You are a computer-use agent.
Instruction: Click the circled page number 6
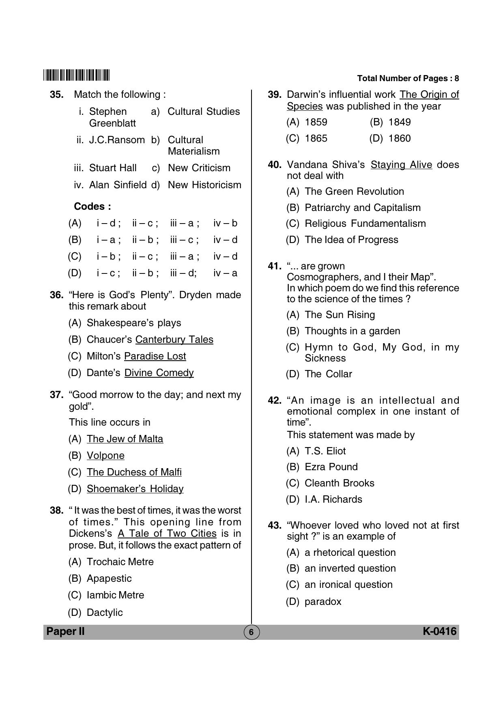click(251, 632)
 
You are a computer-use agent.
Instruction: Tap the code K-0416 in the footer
click(440, 631)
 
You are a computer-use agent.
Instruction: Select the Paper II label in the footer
click(65, 631)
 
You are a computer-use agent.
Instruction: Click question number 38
click(56, 510)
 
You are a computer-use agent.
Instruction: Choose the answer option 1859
click(316, 122)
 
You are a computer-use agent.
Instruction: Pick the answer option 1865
click(316, 138)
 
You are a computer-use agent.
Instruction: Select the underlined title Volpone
click(105, 456)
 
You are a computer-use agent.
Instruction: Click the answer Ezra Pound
click(331, 467)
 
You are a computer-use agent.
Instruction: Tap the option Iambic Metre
click(115, 595)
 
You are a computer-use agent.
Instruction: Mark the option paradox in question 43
click(323, 602)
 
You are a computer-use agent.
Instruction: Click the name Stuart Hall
click(112, 168)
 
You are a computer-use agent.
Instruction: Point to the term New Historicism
click(204, 185)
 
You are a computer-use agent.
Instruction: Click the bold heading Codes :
click(92, 207)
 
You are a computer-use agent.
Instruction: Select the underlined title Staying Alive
click(401, 165)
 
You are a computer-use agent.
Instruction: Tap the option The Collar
click(328, 374)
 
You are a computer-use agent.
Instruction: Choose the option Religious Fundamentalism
click(365, 224)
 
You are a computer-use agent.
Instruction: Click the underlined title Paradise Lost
click(155, 356)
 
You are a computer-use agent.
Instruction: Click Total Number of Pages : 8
click(408, 79)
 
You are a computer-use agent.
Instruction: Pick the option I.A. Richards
click(333, 499)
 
